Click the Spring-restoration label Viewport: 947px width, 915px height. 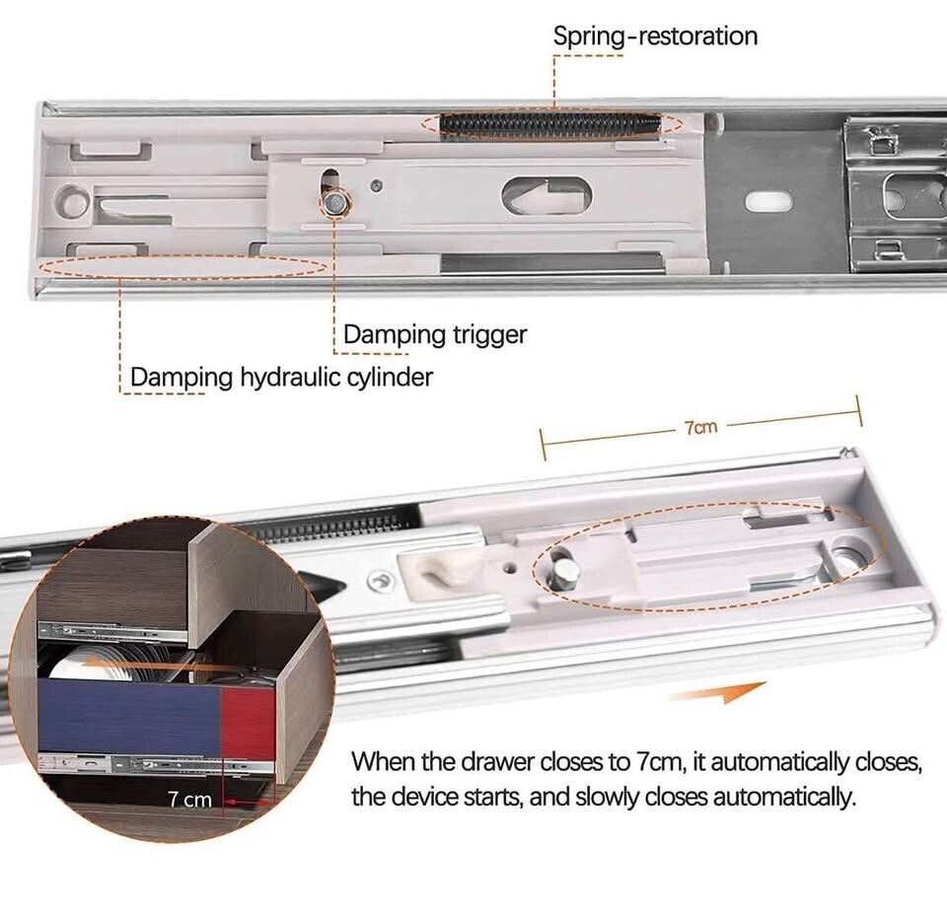[655, 36]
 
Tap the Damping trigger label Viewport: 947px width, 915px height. [435, 335]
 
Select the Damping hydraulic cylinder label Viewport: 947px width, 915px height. [281, 378]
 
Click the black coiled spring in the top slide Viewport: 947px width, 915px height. [550, 125]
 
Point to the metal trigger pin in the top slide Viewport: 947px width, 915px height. [334, 202]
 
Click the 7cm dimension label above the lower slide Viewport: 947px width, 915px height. [700, 427]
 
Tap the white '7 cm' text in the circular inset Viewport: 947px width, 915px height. [189, 800]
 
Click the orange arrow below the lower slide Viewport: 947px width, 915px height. [719, 692]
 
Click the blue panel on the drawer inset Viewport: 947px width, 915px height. [130, 715]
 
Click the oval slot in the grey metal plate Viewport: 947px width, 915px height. [768, 201]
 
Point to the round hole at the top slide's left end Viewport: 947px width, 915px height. [71, 201]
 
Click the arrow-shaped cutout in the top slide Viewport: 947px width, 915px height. [546, 195]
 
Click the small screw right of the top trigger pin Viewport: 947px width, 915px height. [376, 186]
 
